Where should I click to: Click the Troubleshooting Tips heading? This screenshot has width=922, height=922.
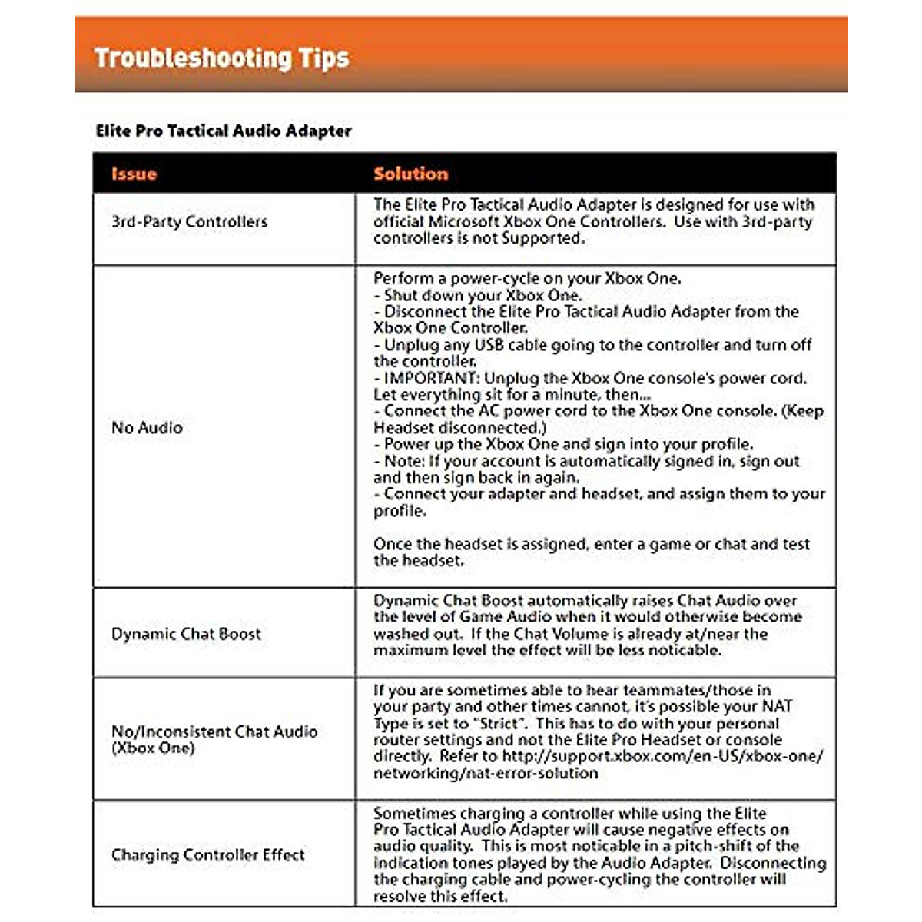coord(221,58)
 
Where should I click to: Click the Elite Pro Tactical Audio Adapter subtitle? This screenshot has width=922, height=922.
coord(223,131)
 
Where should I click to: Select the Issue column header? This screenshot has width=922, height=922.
coord(134,174)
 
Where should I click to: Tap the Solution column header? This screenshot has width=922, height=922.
coord(410,174)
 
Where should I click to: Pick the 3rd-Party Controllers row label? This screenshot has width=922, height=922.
coord(189,222)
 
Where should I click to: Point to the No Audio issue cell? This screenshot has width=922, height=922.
coord(147,428)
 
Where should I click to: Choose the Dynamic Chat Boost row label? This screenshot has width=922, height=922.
coord(186,634)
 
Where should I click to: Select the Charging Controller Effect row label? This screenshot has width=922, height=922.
coord(207,855)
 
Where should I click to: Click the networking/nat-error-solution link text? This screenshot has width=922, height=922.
coord(486,773)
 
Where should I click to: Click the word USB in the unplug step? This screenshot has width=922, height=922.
coord(489,345)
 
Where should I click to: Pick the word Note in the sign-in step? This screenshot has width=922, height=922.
coord(403,461)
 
